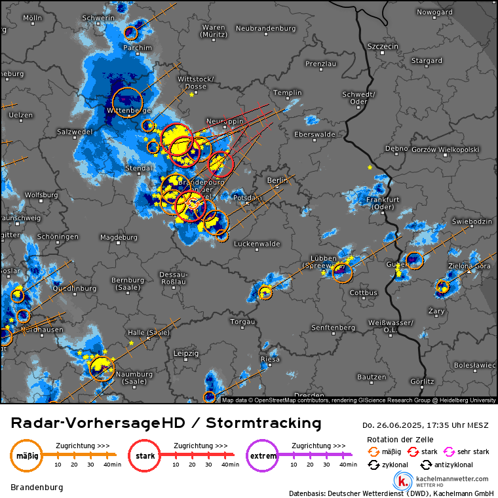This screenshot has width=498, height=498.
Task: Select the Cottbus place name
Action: [364, 293]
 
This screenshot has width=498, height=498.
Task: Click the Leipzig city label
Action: [186, 353]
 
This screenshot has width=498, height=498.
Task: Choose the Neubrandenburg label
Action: [265, 28]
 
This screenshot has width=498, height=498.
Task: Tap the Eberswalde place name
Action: [315, 134]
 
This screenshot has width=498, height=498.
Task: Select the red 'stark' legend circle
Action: [145, 455]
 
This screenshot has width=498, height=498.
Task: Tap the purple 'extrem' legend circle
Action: [263, 455]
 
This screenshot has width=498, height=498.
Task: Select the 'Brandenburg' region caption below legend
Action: [36, 488]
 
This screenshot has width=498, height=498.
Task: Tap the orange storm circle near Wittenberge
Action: [127, 102]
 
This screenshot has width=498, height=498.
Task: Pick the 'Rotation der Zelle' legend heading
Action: [400, 439]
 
